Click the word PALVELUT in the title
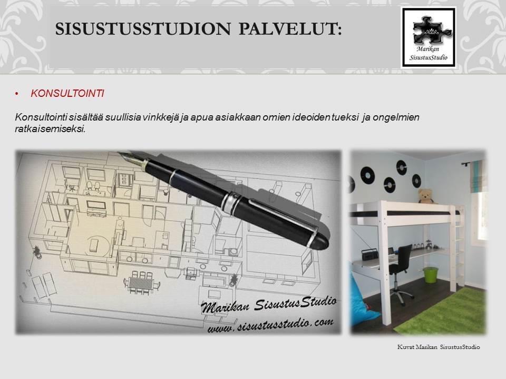(290, 28)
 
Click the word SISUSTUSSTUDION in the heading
(143, 28)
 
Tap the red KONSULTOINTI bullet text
(67, 94)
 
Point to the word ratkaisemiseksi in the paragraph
(51, 129)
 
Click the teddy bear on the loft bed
(426, 196)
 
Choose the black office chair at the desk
(400, 273)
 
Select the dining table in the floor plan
(141, 284)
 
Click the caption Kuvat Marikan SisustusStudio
(438, 347)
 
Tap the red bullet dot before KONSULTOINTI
(17, 94)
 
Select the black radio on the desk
(369, 254)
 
